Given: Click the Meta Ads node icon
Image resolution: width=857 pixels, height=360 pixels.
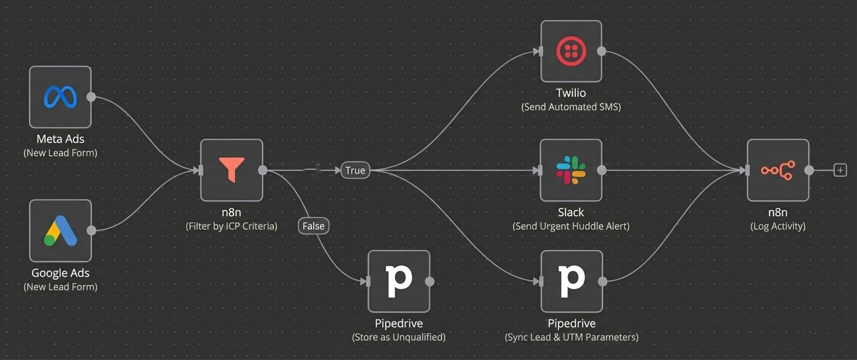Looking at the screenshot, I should point(60,97).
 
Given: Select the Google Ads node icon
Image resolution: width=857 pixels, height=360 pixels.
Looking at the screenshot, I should point(60,230).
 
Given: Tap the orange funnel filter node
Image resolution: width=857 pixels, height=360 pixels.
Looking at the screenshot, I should point(231,170).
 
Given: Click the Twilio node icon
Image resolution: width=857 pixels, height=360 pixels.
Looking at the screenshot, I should point(571,51).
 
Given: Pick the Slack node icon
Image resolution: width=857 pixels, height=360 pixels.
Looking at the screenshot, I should point(571,170).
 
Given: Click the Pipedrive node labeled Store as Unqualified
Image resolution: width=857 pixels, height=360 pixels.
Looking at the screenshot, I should point(399,281).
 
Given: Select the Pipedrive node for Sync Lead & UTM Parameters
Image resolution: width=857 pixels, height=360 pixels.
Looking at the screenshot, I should point(572,281).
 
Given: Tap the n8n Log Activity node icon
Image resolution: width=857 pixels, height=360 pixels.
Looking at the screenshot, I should point(778,170).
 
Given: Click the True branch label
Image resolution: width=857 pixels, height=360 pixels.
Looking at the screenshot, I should point(355,170).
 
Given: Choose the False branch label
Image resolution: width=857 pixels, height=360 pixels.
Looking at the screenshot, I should point(313,226).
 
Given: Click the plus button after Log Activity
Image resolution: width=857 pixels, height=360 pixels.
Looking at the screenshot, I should point(840,170).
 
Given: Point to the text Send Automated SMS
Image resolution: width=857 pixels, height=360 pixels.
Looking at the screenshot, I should point(571,107).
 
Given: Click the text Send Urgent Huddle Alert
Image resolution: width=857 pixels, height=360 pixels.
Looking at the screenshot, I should point(571,226).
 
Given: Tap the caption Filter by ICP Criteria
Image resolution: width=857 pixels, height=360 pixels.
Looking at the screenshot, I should point(231,226).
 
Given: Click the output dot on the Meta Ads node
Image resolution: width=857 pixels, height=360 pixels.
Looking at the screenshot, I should point(91,97).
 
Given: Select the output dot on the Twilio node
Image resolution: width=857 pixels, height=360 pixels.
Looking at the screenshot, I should point(602,51).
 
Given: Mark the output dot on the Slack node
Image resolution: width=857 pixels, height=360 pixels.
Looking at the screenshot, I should point(602,170).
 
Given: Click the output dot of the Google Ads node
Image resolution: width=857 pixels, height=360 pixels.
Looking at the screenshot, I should point(92,230).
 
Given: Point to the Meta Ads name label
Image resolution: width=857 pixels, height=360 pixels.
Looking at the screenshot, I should point(60,139).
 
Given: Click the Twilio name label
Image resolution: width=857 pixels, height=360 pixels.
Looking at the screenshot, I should point(571,93).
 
